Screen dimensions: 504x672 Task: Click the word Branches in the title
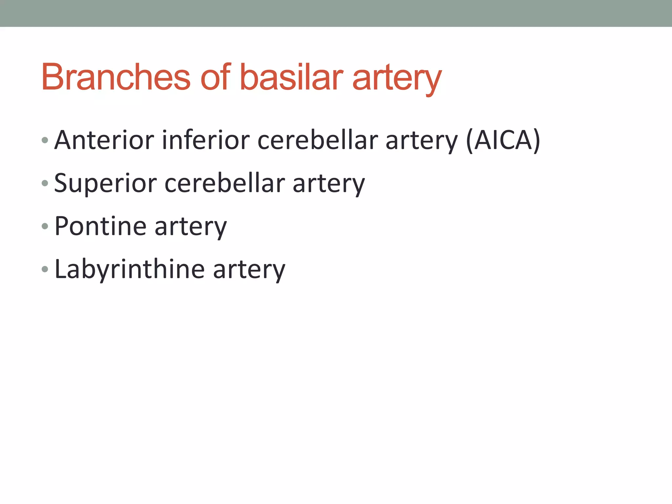[115, 77]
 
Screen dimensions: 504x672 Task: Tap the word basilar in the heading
[291, 77]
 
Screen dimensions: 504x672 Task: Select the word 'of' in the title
[215, 77]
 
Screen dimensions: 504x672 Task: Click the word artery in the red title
[397, 79]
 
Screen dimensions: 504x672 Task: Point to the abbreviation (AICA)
[503, 140]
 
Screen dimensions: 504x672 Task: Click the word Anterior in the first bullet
[104, 140]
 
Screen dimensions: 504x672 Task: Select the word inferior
[206, 140]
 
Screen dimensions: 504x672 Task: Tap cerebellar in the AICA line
[318, 140]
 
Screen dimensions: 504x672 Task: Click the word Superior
[105, 183]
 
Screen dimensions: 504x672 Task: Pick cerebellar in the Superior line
[224, 183]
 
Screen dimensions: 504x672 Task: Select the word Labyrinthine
[130, 269]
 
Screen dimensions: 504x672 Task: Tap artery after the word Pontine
[191, 228]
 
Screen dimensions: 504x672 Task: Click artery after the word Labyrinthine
[249, 271]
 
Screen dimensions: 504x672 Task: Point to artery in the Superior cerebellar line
[328, 184]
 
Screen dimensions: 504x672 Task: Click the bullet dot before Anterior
[45, 141]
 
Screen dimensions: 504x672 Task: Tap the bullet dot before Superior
[45, 183]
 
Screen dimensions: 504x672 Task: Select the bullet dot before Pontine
[45, 226]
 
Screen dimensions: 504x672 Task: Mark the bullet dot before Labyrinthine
[45, 269]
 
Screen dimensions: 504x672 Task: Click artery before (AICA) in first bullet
[421, 142]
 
